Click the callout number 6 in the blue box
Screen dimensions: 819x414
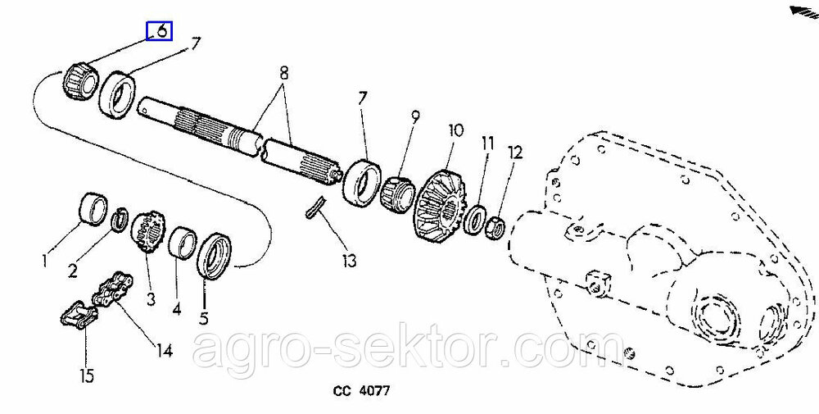pyautogui.click(x=162, y=31)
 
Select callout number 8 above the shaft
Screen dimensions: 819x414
pyautogui.click(x=283, y=74)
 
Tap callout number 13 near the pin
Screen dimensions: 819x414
pyautogui.click(x=348, y=260)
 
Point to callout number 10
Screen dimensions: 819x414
pyautogui.click(x=456, y=130)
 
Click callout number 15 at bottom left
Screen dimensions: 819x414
pyautogui.click(x=87, y=375)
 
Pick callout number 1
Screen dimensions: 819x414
pyautogui.click(x=45, y=260)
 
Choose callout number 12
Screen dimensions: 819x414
pyautogui.click(x=515, y=152)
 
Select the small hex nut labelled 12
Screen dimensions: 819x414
pyautogui.click(x=495, y=227)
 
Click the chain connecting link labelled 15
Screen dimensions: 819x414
pyautogui.click(x=77, y=315)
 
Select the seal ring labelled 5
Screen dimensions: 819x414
pyautogui.click(x=213, y=256)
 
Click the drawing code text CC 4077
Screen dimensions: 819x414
pyautogui.click(x=361, y=391)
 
